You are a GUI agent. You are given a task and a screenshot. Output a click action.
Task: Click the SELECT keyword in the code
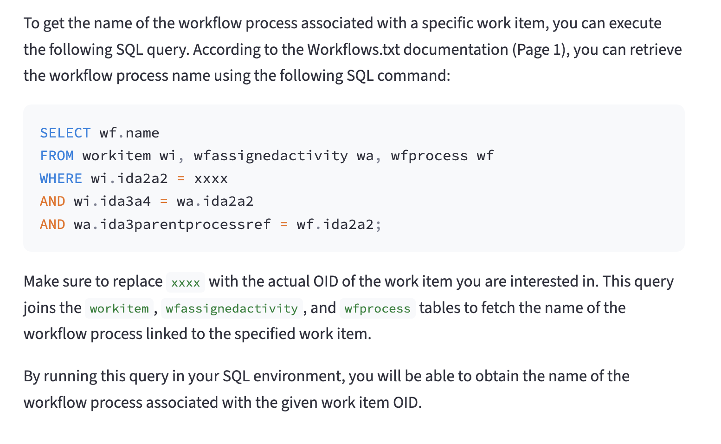65,133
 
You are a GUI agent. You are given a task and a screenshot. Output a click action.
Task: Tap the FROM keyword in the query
57,156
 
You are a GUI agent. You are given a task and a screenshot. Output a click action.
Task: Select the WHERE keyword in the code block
61,179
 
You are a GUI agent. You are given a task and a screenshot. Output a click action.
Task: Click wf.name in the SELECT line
129,133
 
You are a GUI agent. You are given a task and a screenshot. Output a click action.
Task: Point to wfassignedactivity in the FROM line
270,156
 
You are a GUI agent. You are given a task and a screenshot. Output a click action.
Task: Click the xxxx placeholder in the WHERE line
211,179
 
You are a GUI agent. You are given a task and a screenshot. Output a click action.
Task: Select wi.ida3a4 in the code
112,202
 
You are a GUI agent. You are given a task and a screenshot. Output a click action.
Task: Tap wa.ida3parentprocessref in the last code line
172,225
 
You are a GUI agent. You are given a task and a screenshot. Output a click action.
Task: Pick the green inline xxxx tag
186,282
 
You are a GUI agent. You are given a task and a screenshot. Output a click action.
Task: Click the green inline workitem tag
119,309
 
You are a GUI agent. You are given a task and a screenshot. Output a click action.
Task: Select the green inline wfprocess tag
378,309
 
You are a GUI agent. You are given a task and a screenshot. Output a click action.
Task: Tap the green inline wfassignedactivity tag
232,309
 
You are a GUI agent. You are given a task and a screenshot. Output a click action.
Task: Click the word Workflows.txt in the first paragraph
354,50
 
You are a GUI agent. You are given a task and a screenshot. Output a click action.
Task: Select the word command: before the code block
413,76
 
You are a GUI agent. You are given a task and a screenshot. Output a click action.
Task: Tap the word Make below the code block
41,281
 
